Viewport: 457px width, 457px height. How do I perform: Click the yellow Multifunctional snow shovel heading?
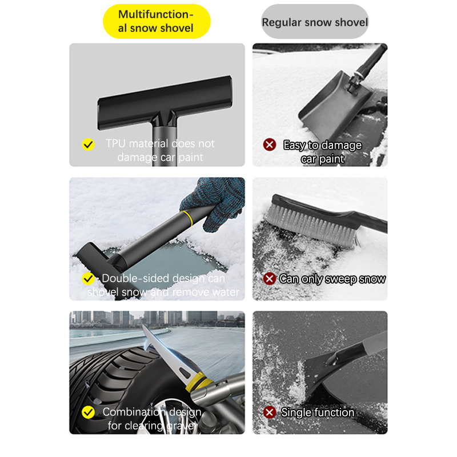(x=157, y=21)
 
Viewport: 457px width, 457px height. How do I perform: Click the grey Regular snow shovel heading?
(x=315, y=22)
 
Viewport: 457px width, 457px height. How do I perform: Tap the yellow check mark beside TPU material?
(x=88, y=145)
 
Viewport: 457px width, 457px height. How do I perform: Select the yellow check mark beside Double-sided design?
(x=88, y=279)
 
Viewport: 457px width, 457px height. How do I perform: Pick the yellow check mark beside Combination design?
(x=88, y=412)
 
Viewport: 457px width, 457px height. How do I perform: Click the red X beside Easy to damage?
(x=270, y=145)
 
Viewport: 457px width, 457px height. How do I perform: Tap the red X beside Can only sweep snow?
(x=270, y=278)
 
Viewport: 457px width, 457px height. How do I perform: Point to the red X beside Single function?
(x=270, y=412)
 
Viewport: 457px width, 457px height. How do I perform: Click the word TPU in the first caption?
(x=115, y=143)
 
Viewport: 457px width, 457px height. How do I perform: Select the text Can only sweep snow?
(x=332, y=279)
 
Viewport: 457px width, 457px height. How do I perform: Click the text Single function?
(x=318, y=412)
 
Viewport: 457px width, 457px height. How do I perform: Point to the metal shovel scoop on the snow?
(x=335, y=105)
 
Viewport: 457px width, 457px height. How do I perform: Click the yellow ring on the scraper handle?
(x=187, y=219)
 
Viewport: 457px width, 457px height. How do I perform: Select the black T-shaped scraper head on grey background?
(x=165, y=102)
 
